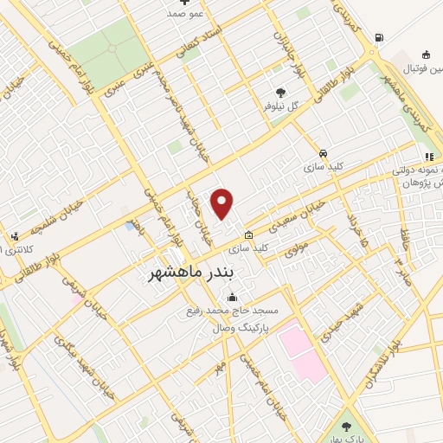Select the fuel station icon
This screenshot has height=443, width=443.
click(378, 37)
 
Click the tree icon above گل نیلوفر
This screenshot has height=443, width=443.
click(279, 92)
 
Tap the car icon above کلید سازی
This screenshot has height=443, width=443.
click(323, 151)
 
